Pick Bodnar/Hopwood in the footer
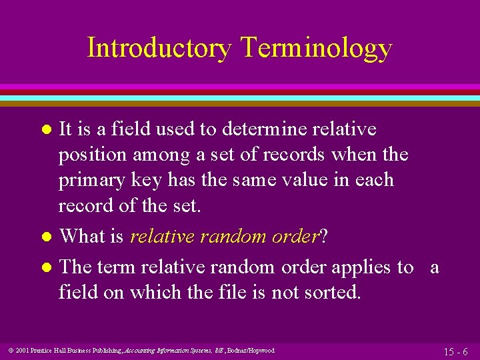tap(251, 350)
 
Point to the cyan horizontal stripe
tap(240, 97)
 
